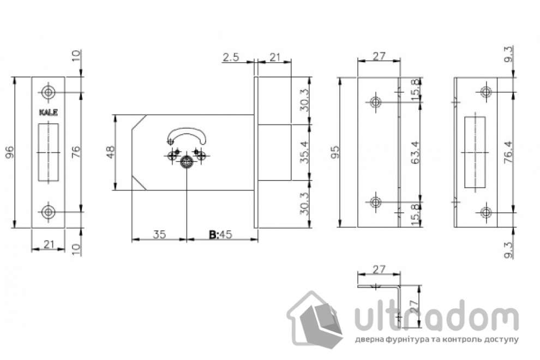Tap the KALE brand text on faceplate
coord(49,113)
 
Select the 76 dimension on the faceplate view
coord(77,152)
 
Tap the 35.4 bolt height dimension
coord(305,151)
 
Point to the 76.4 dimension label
coord(508,152)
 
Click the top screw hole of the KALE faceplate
coord(49,92)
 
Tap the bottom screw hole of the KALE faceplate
coord(49,211)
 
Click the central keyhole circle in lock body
coord(187,161)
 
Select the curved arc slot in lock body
coord(187,134)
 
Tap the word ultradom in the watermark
coord(436,320)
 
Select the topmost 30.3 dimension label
coord(305,100)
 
